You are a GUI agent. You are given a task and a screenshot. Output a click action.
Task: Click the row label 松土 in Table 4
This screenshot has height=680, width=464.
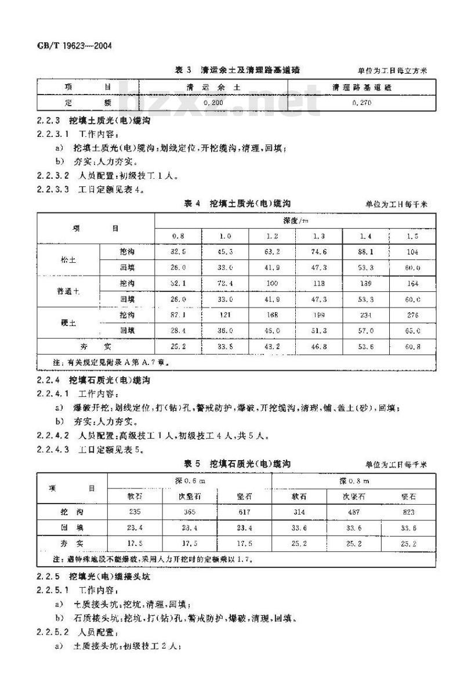68,260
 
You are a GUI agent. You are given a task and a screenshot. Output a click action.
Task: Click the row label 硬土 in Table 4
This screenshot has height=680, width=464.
68,323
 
